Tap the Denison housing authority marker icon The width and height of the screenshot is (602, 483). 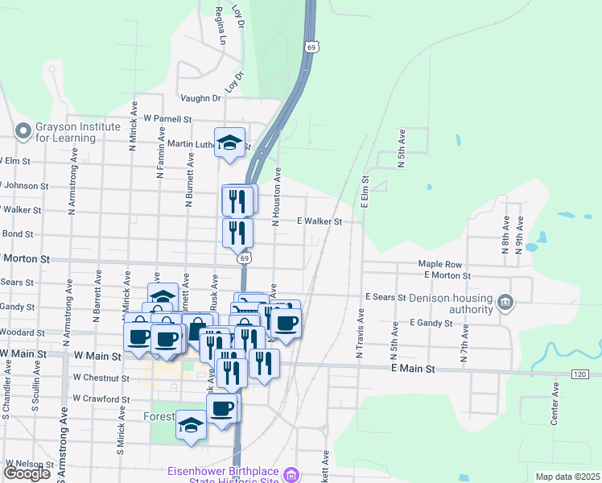coord(505,303)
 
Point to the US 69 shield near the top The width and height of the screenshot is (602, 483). coord(311,47)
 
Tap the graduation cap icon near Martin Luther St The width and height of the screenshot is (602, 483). coord(231,142)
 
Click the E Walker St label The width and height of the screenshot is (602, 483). coord(320,221)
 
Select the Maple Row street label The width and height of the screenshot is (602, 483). coord(439,264)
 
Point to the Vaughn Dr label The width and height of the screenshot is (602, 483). coord(200,98)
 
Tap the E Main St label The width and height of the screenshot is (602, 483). coord(413,369)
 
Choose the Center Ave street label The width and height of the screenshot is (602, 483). coord(555,404)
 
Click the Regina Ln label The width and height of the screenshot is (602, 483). coord(219,26)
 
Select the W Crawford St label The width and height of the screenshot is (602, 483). coord(101,398)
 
